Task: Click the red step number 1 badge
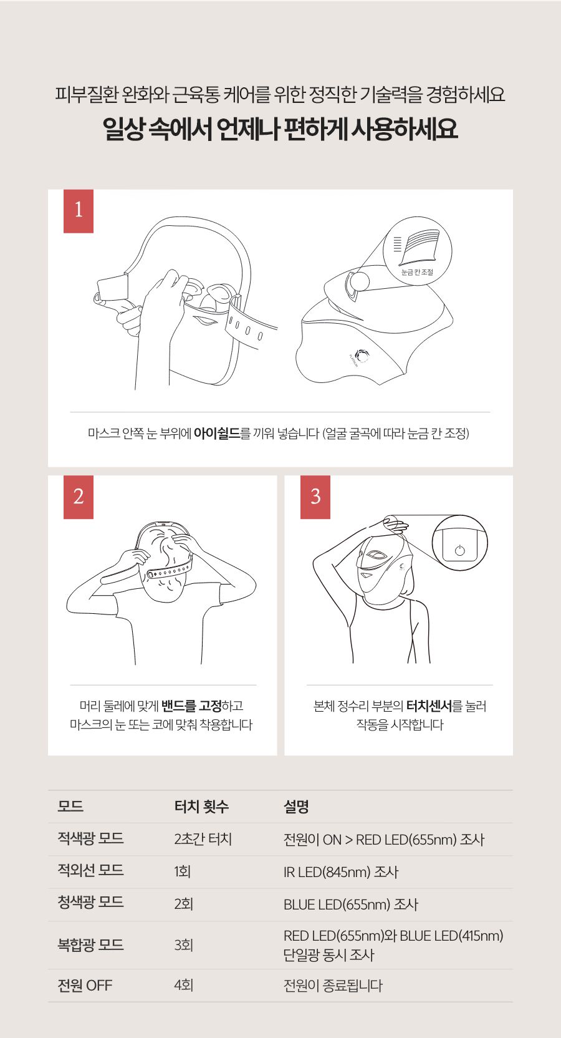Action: (x=78, y=211)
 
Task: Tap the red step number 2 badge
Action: (x=78, y=497)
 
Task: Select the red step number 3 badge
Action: (x=315, y=497)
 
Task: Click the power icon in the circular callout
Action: (x=459, y=550)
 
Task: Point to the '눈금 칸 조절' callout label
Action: (x=417, y=272)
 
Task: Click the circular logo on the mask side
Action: (x=362, y=356)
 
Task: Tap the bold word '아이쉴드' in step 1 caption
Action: (x=217, y=434)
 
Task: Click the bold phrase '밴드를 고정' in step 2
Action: (x=191, y=706)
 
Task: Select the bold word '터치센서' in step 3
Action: (x=429, y=706)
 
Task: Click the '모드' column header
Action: (x=70, y=807)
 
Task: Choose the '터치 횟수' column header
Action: (x=201, y=807)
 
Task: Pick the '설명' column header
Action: (x=296, y=807)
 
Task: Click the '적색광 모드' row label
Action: (x=91, y=838)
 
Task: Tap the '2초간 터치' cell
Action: (x=203, y=839)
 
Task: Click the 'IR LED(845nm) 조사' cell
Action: (x=341, y=871)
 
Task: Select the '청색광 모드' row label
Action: (x=91, y=902)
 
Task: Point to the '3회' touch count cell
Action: (x=183, y=944)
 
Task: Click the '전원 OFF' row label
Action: (x=85, y=985)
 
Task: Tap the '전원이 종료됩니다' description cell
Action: (x=333, y=985)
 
